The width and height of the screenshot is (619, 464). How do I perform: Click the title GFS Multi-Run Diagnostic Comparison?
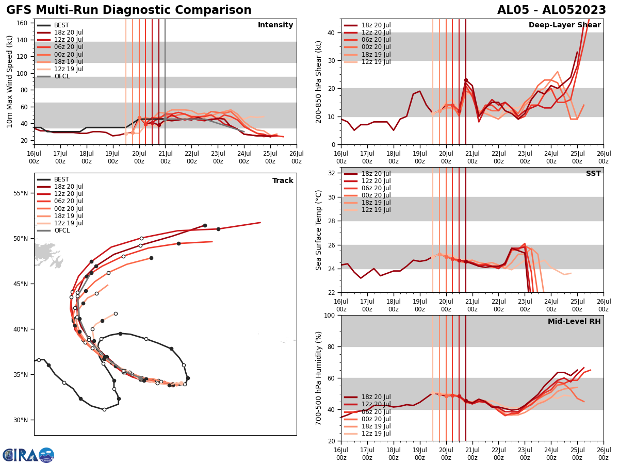tap(129, 10)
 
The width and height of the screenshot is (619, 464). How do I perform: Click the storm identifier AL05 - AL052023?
tap(551, 10)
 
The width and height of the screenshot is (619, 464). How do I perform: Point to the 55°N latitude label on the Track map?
tap(21, 193)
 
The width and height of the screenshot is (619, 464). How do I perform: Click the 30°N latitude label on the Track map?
tap(21, 420)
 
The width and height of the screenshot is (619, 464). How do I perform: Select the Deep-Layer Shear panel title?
tap(564, 25)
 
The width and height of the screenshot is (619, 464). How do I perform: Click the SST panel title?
tap(593, 174)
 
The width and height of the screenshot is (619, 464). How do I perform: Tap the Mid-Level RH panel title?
tap(574, 322)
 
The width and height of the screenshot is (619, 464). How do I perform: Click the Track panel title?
tap(283, 181)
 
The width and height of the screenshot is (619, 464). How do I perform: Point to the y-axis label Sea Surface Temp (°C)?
tap(319, 230)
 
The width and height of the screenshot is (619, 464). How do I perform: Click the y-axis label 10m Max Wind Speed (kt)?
tap(9, 81)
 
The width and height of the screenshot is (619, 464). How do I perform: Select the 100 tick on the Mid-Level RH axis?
tap(331, 315)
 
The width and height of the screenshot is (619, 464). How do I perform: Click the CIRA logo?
tap(28, 455)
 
